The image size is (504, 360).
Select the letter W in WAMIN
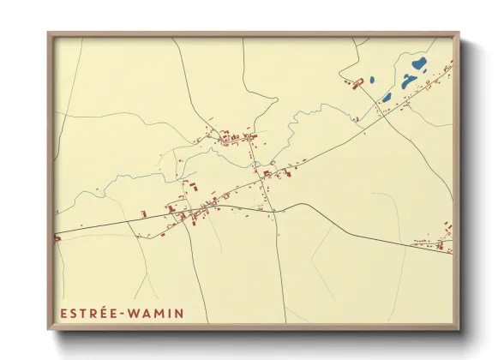133,314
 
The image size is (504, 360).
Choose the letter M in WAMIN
157,314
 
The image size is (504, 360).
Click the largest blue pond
418,64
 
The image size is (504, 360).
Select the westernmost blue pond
387,97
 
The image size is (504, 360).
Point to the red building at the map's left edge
57,238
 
